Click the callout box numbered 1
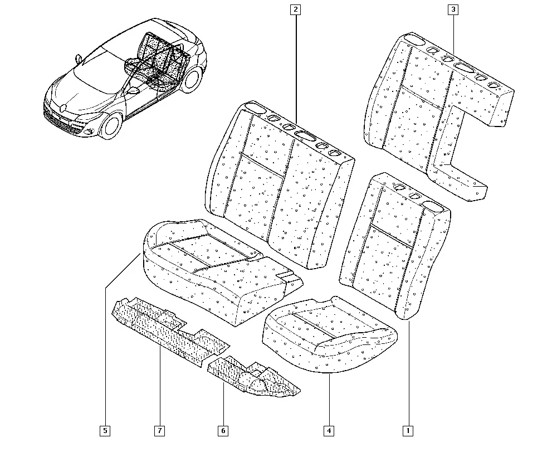[x=408, y=431]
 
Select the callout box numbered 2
[x=295, y=9]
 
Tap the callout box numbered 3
[x=453, y=9]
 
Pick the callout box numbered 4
[x=329, y=431]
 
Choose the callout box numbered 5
[x=105, y=431]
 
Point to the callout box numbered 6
[x=223, y=431]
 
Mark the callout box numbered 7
[x=160, y=431]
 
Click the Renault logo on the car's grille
[x=63, y=108]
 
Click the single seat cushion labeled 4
[x=329, y=334]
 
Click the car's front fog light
[x=88, y=132]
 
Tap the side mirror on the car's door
[x=133, y=90]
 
